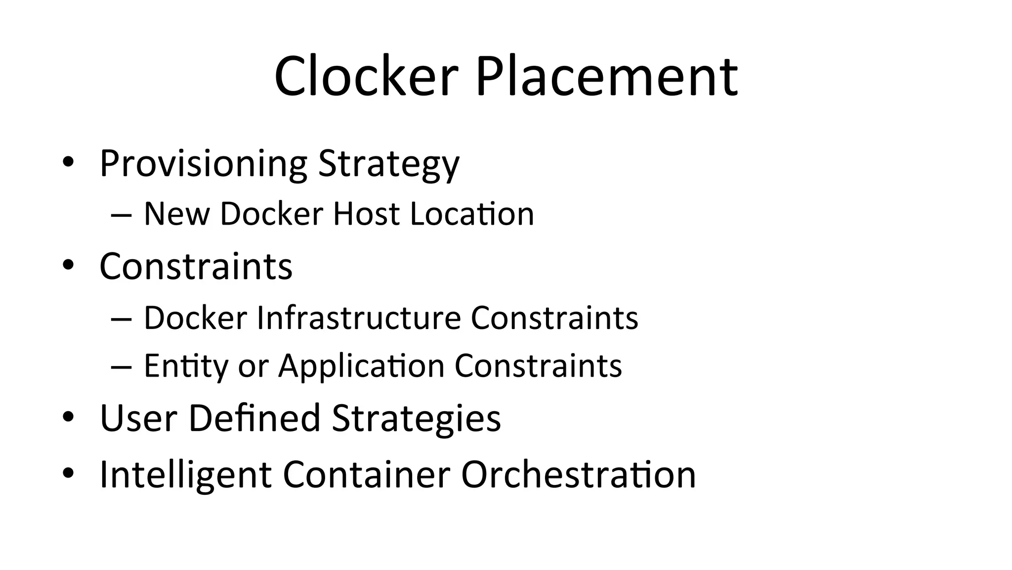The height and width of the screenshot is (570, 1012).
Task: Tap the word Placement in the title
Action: point(606,77)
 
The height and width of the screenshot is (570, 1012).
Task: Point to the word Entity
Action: point(185,366)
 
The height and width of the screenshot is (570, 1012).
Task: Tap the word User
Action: point(138,418)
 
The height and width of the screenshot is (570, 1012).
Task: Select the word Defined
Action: point(254,418)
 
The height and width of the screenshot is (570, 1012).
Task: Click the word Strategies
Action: point(416,418)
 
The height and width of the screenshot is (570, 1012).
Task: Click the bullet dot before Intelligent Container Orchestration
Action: point(68,474)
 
